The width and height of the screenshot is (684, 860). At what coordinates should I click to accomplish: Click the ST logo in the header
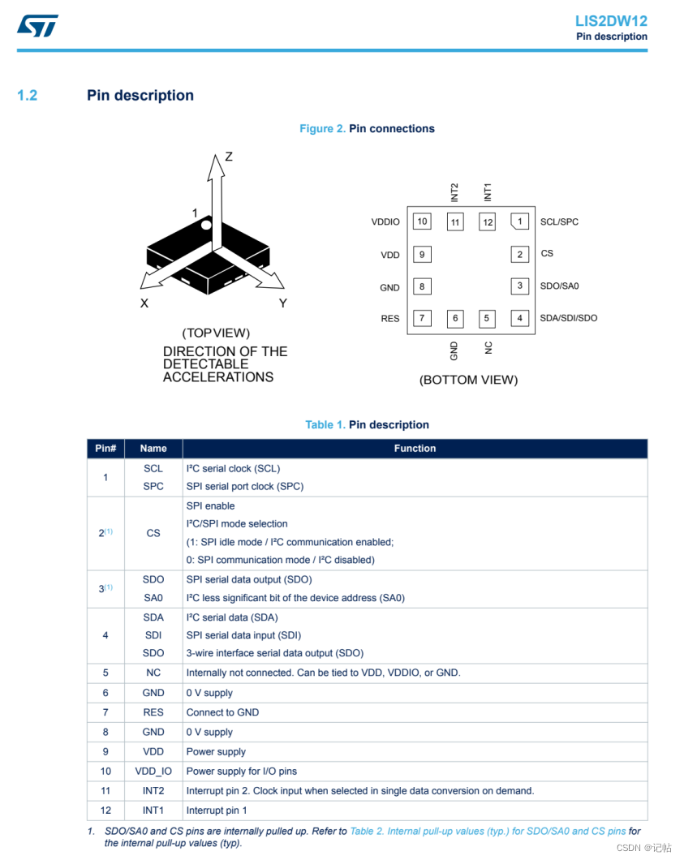pyautogui.click(x=37, y=25)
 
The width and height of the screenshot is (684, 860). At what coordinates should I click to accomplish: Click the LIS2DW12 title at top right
pyautogui.click(x=611, y=21)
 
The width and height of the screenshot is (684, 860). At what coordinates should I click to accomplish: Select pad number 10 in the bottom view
pyautogui.click(x=421, y=221)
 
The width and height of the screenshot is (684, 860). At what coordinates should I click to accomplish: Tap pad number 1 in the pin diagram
pyautogui.click(x=519, y=221)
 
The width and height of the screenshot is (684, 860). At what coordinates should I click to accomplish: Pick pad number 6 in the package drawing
pyautogui.click(x=455, y=318)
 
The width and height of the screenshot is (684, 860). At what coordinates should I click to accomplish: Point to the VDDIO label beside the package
pyautogui.click(x=385, y=222)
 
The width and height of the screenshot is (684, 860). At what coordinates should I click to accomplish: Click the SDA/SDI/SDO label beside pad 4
pyautogui.click(x=568, y=318)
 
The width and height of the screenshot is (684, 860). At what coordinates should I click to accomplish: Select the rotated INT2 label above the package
pyautogui.click(x=454, y=192)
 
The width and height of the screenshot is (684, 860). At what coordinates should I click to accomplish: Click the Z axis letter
pyautogui.click(x=229, y=157)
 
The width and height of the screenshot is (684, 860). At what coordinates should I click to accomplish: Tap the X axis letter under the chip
pyautogui.click(x=144, y=303)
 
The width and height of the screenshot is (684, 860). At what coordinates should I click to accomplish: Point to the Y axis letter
pyautogui.click(x=283, y=303)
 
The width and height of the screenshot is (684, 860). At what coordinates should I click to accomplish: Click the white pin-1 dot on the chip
pyautogui.click(x=207, y=225)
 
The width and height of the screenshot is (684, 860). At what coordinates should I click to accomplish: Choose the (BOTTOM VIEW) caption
pyautogui.click(x=468, y=380)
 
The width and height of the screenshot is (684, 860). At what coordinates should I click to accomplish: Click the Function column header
pyautogui.click(x=415, y=449)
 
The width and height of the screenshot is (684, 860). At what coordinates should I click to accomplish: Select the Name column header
pyautogui.click(x=153, y=449)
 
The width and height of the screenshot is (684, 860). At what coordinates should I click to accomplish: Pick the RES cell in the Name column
pyautogui.click(x=153, y=712)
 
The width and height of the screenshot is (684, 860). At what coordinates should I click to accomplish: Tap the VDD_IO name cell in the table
pyautogui.click(x=153, y=772)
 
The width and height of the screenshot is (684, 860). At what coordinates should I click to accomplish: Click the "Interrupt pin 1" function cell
pyautogui.click(x=217, y=811)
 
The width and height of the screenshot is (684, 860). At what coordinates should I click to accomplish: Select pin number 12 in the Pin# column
pyautogui.click(x=105, y=811)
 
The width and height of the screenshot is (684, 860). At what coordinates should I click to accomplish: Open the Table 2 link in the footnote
pyautogui.click(x=487, y=832)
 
